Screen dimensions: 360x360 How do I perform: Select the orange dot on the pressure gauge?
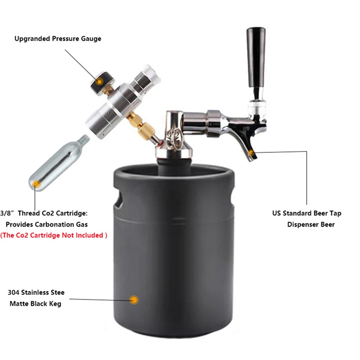[99, 81]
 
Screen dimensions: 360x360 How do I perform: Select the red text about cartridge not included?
[54, 235]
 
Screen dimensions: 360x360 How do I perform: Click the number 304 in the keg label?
[13, 292]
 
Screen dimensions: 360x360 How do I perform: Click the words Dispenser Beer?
[311, 225]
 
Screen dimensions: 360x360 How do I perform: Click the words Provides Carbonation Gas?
[46, 224]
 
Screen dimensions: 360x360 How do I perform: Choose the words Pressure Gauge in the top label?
[77, 39]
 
